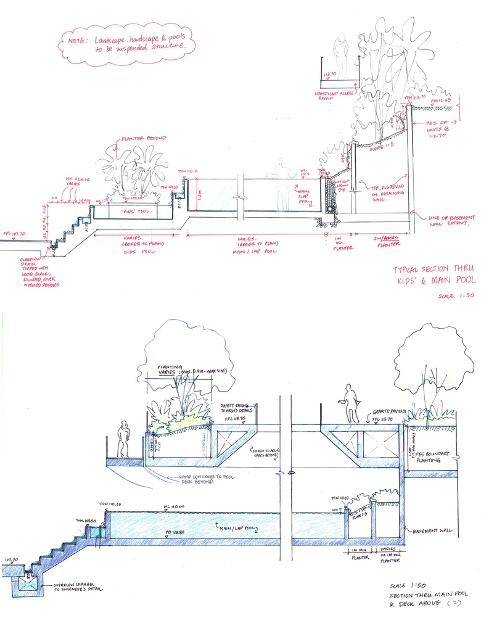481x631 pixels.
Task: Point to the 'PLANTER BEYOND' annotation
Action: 144,139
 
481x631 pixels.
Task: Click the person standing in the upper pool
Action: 281,183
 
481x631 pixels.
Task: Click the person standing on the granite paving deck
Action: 351,403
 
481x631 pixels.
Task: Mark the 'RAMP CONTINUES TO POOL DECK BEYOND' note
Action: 195,479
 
